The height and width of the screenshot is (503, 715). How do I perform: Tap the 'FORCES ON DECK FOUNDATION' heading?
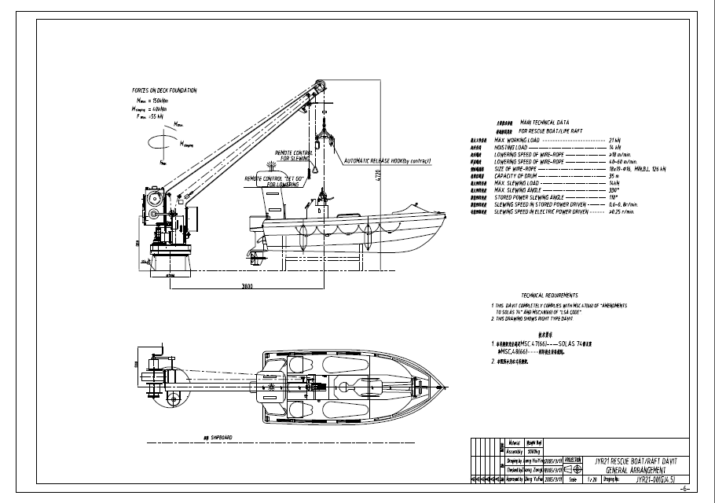tap(164, 90)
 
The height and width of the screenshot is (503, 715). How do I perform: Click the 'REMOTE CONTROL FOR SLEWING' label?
tap(292, 155)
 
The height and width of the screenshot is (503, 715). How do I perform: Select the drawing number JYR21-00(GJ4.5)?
tap(654, 478)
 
